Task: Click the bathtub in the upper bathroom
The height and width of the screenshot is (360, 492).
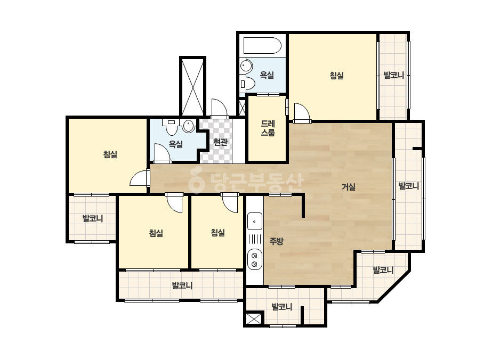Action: coord(262,46)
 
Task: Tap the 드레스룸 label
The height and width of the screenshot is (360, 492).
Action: coord(268,128)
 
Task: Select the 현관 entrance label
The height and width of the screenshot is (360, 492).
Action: coord(220,142)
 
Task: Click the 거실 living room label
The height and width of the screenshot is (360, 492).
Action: coord(349,187)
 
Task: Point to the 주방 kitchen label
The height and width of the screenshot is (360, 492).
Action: coord(277,241)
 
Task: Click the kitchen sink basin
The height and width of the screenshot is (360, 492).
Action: coord(254,221)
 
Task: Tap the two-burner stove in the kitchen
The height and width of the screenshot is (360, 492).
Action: coord(254,259)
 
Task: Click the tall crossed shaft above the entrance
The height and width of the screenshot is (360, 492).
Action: coord(192,87)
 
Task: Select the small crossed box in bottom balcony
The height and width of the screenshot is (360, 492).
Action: coord(254,319)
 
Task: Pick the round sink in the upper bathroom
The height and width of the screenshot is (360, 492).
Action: coord(246,66)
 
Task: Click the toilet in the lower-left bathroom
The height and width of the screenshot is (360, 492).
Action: coord(171,127)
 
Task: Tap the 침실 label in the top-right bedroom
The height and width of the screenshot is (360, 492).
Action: coord(337,75)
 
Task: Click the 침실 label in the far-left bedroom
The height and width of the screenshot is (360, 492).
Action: coord(110,154)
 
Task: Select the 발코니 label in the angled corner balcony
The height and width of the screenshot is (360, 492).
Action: coord(383,270)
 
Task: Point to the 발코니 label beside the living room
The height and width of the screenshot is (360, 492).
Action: coord(409,186)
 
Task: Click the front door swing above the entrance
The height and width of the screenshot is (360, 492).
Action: coord(219,109)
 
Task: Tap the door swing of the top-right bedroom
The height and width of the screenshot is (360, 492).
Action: coord(302,112)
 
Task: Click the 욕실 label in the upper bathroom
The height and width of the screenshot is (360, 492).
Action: coord(267,75)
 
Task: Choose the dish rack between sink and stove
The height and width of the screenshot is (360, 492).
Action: coord(254,240)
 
